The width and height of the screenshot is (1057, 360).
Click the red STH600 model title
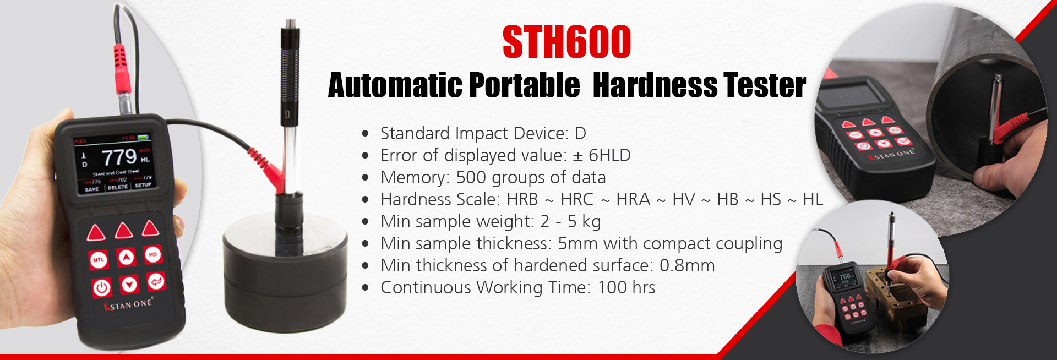tap(566, 42)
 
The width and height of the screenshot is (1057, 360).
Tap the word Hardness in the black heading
tap(655, 86)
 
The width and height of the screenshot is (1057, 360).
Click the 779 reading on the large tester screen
tap(118, 157)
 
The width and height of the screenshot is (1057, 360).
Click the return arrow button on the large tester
tap(156, 282)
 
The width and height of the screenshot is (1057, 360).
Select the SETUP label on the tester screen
tap(143, 186)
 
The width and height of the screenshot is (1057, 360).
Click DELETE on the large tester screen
tap(117, 187)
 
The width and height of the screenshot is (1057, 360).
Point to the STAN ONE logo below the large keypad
tap(128, 304)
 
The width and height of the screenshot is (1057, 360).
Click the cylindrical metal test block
tap(285, 264)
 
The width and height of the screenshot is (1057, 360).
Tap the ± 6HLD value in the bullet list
tap(602, 156)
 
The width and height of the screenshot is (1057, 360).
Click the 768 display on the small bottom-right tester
tap(844, 276)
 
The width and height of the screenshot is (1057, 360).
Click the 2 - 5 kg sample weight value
tap(570, 222)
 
